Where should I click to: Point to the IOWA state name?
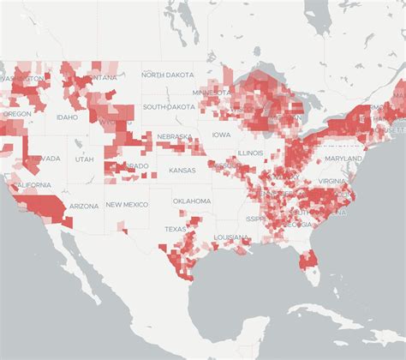(x=222, y=135)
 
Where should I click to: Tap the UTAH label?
(x=85, y=159)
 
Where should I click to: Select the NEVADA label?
(x=45, y=159)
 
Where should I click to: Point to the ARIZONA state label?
(x=84, y=206)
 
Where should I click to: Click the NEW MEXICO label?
(x=127, y=205)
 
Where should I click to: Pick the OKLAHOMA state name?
(x=191, y=201)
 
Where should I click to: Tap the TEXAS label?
(x=175, y=230)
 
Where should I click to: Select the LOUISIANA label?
(x=231, y=237)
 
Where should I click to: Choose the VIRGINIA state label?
(x=336, y=182)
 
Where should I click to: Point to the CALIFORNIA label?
(x=31, y=185)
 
